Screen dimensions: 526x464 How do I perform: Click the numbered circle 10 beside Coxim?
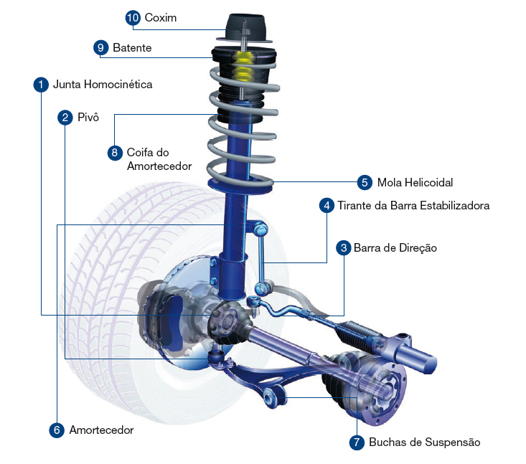pyautogui.click(x=133, y=18)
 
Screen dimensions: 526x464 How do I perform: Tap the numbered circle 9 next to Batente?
pyautogui.click(x=100, y=47)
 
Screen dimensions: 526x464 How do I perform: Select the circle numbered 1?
pyautogui.click(x=41, y=85)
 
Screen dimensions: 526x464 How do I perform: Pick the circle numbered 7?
pyautogui.click(x=357, y=442)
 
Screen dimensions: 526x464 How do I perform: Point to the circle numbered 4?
pyautogui.click(x=327, y=206)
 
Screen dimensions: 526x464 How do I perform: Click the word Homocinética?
pyautogui.click(x=118, y=84)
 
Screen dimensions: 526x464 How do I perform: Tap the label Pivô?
pyautogui.click(x=88, y=117)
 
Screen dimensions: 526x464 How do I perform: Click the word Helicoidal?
pyautogui.click(x=428, y=182)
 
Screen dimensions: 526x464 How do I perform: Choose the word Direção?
pyautogui.click(x=418, y=248)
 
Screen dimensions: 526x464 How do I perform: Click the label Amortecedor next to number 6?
pyautogui.click(x=101, y=430)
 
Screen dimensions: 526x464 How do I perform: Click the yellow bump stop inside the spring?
pyautogui.click(x=244, y=67)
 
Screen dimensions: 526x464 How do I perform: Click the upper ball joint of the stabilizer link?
pyautogui.click(x=260, y=228)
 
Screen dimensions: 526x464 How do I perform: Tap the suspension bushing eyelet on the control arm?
pyautogui.click(x=269, y=398)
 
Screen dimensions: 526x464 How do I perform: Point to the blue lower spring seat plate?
pyautogui.click(x=240, y=186)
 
